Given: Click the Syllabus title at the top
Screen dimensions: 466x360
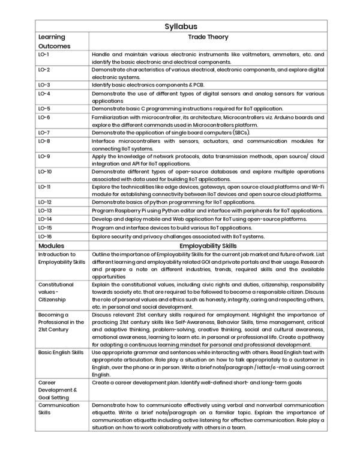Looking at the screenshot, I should pyautogui.click(x=180, y=26).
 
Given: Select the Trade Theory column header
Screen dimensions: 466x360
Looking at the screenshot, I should pyautogui.click(x=208, y=37).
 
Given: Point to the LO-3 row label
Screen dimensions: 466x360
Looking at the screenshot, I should pyautogui.click(x=44, y=85).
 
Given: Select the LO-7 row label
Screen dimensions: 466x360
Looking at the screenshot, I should pyautogui.click(x=44, y=132).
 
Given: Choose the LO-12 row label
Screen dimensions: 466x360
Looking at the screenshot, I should pyautogui.click(x=45, y=202).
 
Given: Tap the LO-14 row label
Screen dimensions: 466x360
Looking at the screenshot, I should pyautogui.click(x=45, y=219).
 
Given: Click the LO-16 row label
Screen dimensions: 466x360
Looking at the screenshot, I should pyautogui.click(x=45, y=237).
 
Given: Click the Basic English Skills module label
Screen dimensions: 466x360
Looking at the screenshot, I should pyautogui.click(x=61, y=353).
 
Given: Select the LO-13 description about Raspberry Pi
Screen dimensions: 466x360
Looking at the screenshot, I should pyautogui.click(x=207, y=211).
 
